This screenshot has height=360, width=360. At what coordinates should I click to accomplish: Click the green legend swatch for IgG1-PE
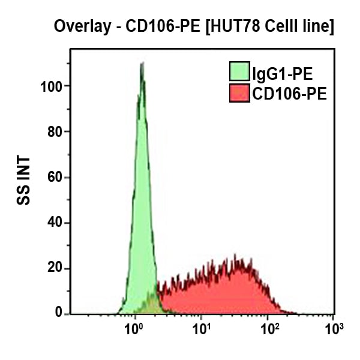pyautogui.click(x=240, y=72)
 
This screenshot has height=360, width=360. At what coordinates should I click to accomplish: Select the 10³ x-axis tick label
pyautogui.click(x=333, y=329)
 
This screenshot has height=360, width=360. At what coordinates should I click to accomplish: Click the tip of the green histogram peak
pyautogui.click(x=142, y=62)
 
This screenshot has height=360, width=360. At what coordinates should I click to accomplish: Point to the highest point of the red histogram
pyautogui.click(x=234, y=256)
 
